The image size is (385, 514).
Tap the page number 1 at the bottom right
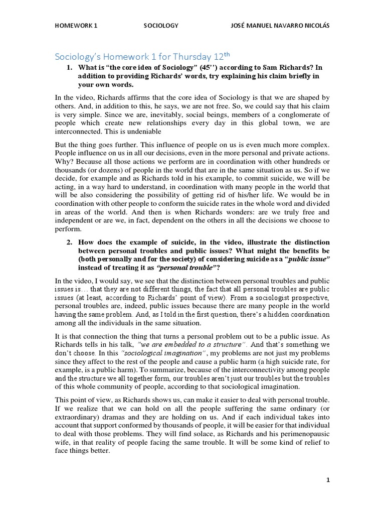tap(328, 480)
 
